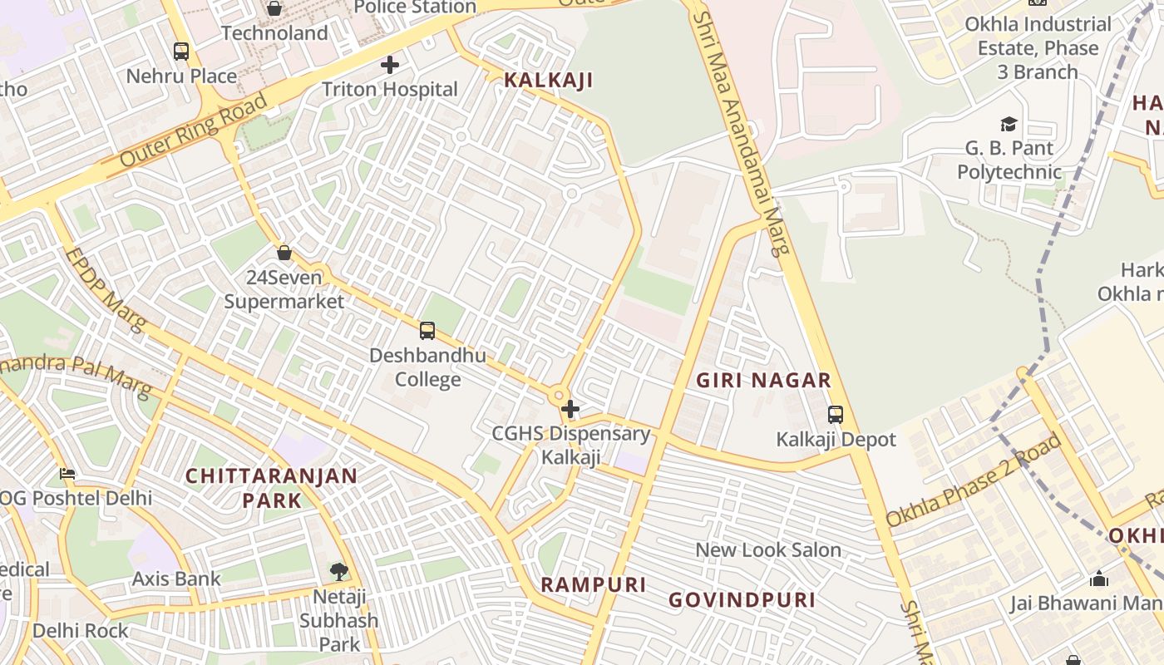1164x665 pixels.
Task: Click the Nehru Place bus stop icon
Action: coord(181,52)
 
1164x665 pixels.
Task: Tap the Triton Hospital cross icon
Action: coord(389,65)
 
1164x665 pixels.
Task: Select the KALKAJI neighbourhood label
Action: coord(549,81)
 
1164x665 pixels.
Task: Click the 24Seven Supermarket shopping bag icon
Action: coord(284,253)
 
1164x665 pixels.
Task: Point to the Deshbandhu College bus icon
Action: coord(427,331)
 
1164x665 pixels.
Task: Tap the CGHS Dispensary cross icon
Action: coord(570,409)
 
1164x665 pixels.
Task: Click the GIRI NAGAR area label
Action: coord(763,381)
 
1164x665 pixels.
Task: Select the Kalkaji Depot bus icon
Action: coord(836,414)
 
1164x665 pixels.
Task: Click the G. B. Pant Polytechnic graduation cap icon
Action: coord(1009,125)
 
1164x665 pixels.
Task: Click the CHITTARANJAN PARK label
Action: coord(271,488)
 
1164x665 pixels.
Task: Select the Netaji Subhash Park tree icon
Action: coord(338,571)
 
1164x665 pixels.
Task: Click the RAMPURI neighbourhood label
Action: coord(594,584)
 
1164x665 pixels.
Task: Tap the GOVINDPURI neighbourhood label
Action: coord(742,600)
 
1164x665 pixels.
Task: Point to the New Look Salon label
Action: coord(768,550)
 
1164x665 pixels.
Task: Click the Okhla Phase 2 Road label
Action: coord(974,480)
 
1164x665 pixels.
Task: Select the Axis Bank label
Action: coord(176,579)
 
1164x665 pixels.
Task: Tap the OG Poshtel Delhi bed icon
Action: coord(67,475)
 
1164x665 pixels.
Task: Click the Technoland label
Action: coord(274,33)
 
